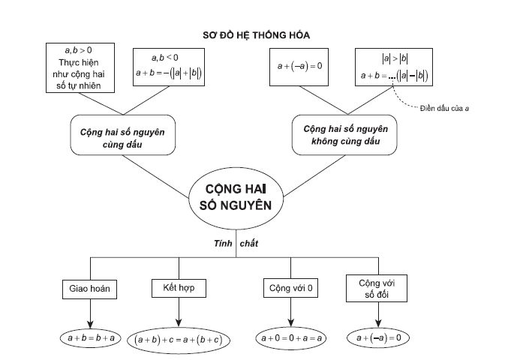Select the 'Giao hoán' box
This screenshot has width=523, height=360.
pos(90,289)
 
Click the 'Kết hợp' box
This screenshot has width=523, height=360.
pos(179,287)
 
